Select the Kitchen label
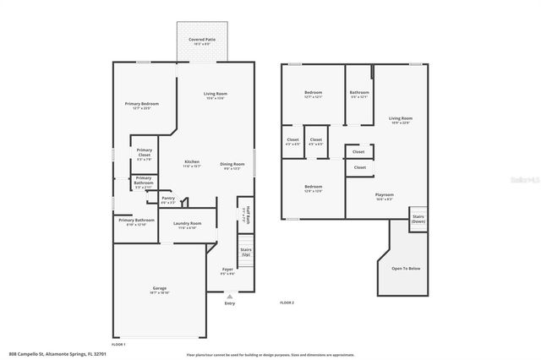coord(192,163)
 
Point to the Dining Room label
coord(232,166)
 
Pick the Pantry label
coord(167,199)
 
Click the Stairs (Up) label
coord(246,252)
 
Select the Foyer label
coord(227,272)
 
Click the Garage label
coord(160,290)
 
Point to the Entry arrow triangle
coord(230,297)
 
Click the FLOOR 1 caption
coord(118,344)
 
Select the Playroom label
coord(384,197)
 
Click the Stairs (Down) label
coord(418,219)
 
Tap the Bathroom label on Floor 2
coord(359,95)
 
